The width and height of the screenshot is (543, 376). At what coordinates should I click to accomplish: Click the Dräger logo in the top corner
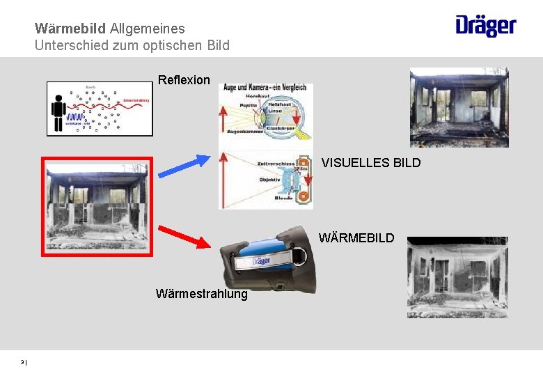tap(486, 26)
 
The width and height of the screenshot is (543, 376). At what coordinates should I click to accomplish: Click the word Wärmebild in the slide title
tap(70, 29)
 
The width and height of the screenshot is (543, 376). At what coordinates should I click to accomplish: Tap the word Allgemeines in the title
tap(148, 29)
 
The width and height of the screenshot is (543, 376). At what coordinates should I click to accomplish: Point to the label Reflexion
tap(184, 80)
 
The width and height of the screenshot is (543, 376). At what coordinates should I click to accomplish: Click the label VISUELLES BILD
tap(371, 163)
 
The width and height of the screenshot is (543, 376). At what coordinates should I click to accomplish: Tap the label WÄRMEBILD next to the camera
tap(356, 238)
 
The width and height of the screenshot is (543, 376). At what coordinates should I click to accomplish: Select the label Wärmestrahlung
tap(202, 294)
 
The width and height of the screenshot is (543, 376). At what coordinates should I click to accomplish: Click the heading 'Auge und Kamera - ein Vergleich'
tap(265, 88)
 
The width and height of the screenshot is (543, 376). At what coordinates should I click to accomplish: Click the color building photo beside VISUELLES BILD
tap(459, 107)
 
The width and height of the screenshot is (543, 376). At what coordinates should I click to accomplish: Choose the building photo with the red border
tap(95, 206)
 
